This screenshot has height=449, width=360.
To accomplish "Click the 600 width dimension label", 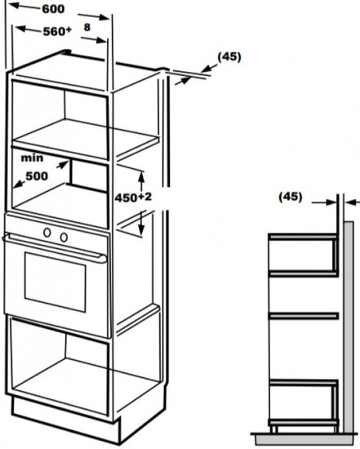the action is pyautogui.click(x=53, y=9).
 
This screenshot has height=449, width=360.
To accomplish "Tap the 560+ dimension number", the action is pyautogui.click(x=57, y=31).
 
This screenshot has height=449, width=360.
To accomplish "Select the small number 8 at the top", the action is pyautogui.click(x=87, y=27).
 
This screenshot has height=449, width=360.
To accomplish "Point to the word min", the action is pyautogui.click(x=32, y=158).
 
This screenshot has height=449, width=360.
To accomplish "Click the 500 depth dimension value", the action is pyautogui.click(x=37, y=176).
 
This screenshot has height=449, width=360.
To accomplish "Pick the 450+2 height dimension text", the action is pyautogui.click(x=133, y=198).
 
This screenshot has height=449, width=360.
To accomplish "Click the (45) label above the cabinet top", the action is pyautogui.click(x=229, y=56).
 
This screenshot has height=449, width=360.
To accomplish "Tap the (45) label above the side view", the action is pyautogui.click(x=290, y=197).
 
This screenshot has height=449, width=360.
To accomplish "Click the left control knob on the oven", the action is pyautogui.click(x=47, y=233).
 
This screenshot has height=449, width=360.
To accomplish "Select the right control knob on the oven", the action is pyautogui.click(x=64, y=237).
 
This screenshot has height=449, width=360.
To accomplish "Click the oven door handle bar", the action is pyautogui.click(x=55, y=248).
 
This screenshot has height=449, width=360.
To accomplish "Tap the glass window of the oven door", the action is pyautogui.click(x=55, y=282).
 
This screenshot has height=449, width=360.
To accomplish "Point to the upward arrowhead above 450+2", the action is pyautogui.click(x=140, y=176).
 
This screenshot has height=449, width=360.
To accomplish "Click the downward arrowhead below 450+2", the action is pyautogui.click(x=140, y=229).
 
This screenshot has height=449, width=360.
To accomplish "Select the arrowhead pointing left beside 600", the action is pyautogui.click(x=15, y=5).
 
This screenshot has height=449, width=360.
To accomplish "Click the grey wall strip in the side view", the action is pyautogui.click(x=349, y=327).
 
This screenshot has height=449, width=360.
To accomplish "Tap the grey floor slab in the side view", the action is pyautogui.click(x=304, y=439).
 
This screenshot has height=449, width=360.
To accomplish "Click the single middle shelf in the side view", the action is pyautogui.click(x=304, y=316).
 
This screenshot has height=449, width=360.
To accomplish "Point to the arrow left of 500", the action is pyautogui.click(x=19, y=184).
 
